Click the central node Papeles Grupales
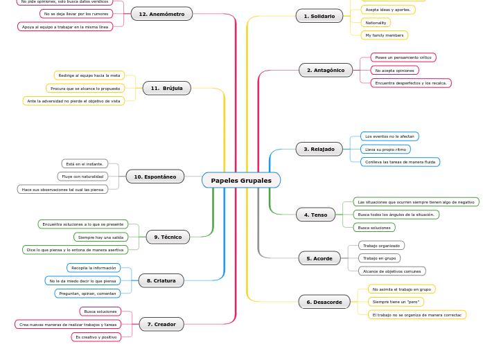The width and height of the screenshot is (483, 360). pos(241,181)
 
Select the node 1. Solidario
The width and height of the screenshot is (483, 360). pos(319,16)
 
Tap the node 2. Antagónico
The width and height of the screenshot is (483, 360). pos(326,70)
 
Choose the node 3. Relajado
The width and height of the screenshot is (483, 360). pos(319,149)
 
